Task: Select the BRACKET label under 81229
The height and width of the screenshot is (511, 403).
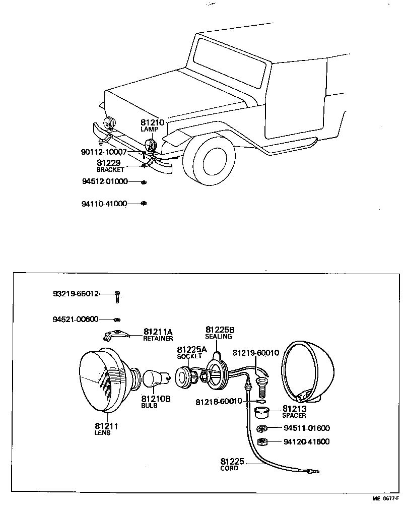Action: [x=110, y=170]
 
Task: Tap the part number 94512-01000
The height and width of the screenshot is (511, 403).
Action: [x=105, y=181]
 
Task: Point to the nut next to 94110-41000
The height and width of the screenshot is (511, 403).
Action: [x=144, y=204]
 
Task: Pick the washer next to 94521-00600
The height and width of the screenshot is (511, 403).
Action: [x=117, y=320]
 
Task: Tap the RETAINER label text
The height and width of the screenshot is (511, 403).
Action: [x=158, y=339]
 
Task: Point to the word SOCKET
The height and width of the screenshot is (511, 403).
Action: [x=189, y=356]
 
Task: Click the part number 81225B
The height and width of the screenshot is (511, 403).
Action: [x=220, y=330]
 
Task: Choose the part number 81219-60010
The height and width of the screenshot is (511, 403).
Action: [x=255, y=353]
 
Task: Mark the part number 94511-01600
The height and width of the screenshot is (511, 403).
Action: [x=306, y=428]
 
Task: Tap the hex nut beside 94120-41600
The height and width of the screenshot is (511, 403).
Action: [x=261, y=442]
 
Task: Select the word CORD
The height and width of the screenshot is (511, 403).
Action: [x=229, y=468]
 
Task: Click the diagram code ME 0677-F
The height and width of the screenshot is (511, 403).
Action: [x=385, y=498]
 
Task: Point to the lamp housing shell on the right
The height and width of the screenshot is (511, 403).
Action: [x=307, y=370]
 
